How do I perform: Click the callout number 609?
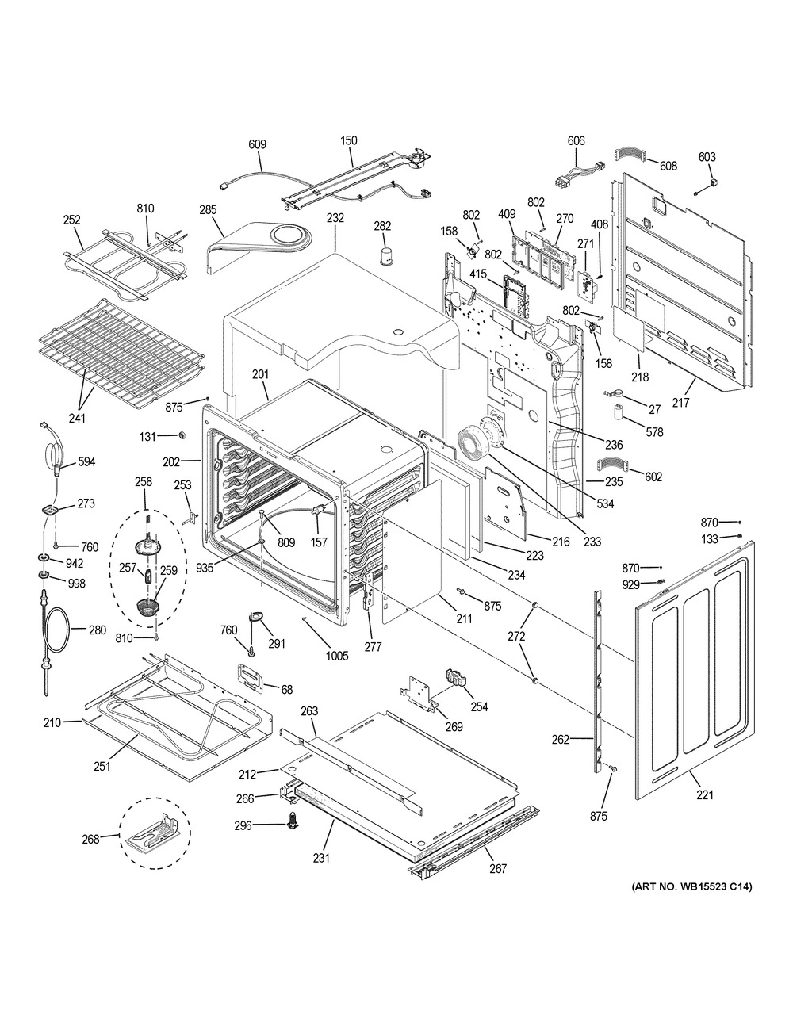point(257,144)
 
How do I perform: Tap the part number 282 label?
point(382,227)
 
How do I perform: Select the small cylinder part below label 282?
point(386,255)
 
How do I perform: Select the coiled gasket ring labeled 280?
point(55,631)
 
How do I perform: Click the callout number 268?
point(90,838)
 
